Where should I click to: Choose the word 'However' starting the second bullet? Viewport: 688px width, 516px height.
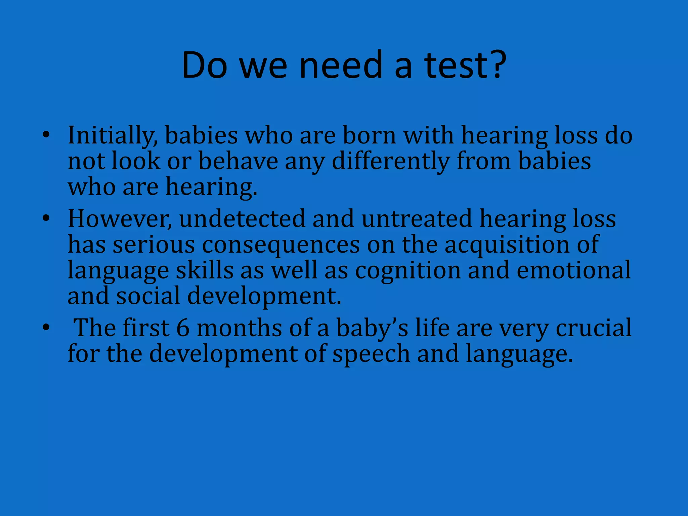click(119, 219)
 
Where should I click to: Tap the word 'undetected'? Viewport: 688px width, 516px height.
click(242, 219)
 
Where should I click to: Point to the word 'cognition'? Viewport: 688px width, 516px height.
click(408, 270)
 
